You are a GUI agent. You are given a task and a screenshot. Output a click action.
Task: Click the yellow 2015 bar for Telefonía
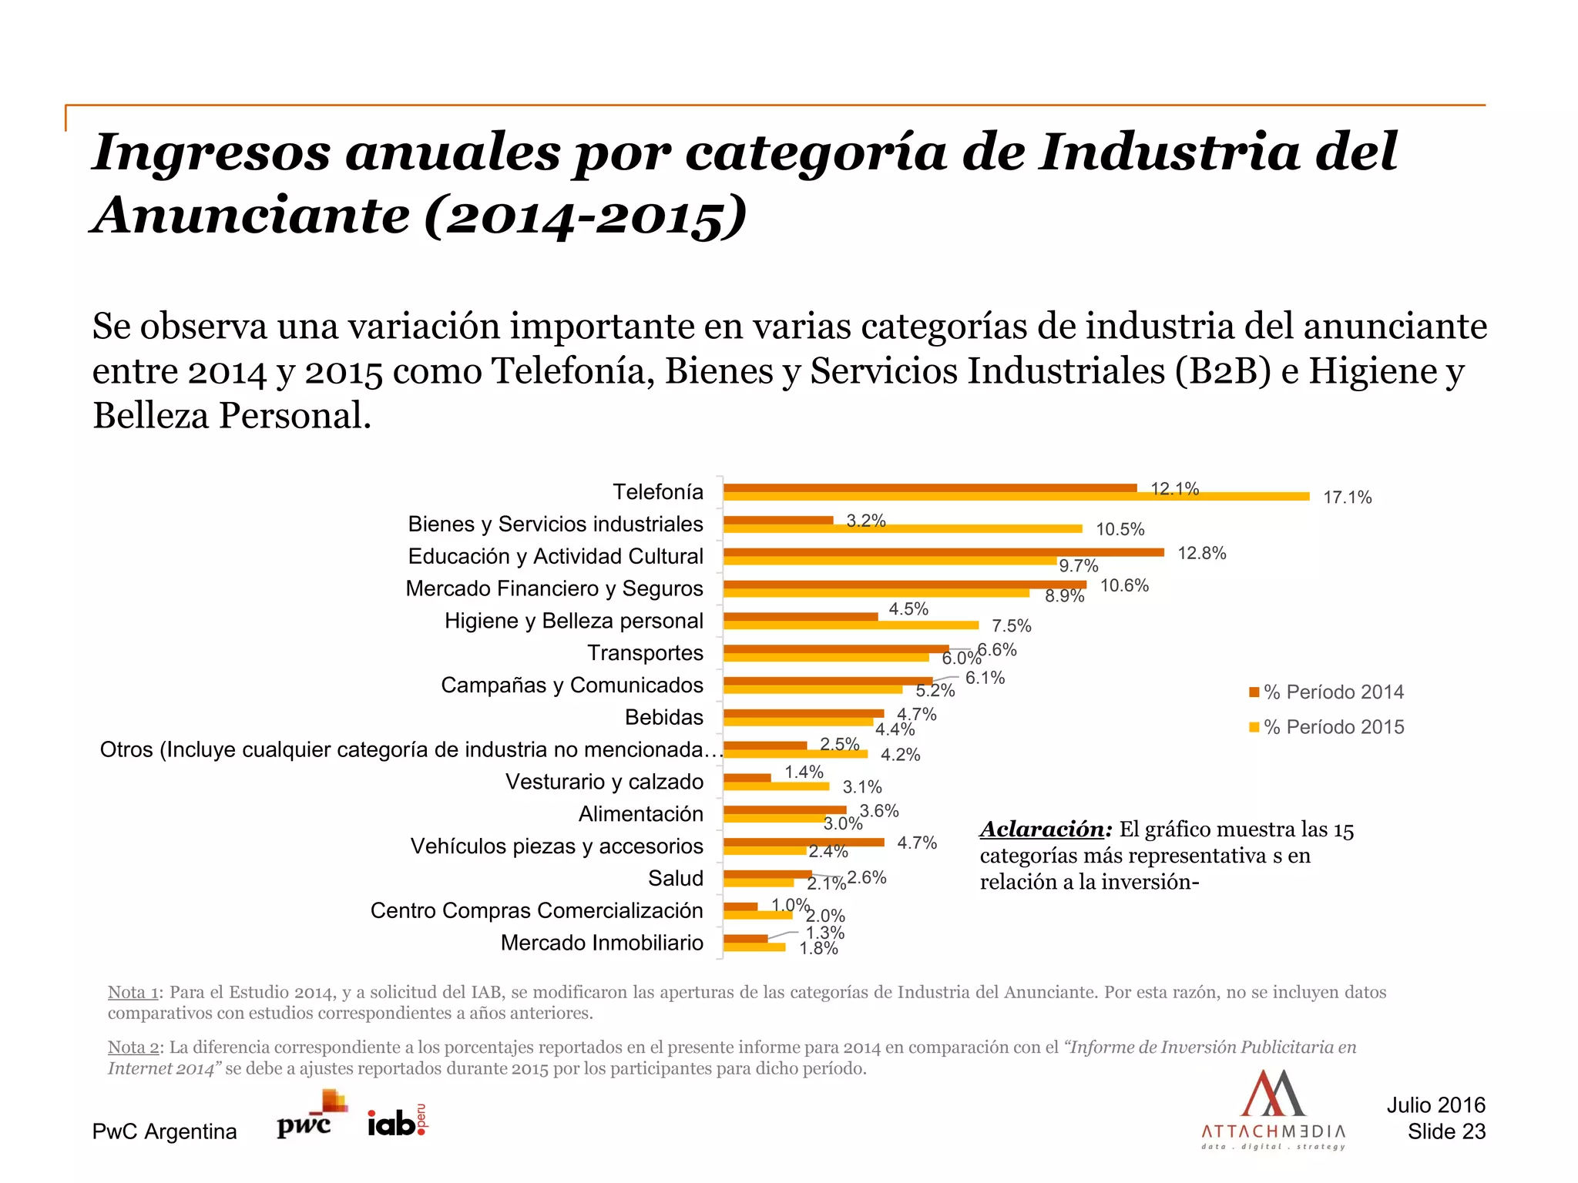pos(1017,497)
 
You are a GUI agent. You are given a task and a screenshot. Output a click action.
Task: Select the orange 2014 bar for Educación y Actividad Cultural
pos(944,552)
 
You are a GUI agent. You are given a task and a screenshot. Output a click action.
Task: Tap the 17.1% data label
pos(1347,498)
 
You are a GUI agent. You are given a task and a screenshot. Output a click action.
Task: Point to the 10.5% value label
pos(1120,529)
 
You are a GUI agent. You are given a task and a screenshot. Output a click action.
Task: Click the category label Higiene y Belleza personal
pos(573,621)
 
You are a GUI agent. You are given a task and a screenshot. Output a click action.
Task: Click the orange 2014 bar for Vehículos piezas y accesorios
pos(804,842)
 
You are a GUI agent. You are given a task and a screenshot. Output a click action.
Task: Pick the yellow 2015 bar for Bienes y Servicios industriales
pos(903,528)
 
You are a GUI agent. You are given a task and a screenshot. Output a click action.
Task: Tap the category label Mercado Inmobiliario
pos(602,943)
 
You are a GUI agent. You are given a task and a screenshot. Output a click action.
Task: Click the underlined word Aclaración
pos(1042,829)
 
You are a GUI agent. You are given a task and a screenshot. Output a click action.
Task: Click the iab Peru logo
pos(397,1122)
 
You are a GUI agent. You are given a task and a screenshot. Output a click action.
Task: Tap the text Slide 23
pos(1446,1131)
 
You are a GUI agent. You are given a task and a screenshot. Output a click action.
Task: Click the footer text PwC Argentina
pos(164,1131)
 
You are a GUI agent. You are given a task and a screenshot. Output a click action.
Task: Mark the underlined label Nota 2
pos(133,1047)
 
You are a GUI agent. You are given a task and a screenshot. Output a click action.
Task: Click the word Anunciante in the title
pos(252,216)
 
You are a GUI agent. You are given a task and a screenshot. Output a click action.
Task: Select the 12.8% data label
pos(1201,554)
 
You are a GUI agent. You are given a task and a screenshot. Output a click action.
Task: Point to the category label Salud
pos(675,878)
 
